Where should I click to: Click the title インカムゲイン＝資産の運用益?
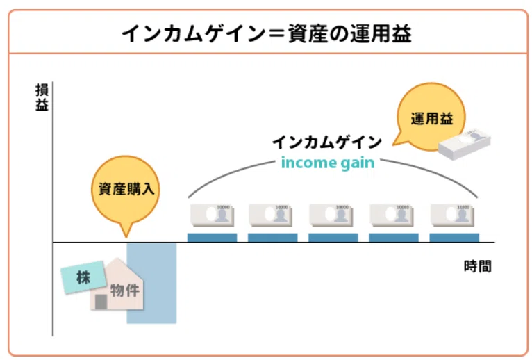pos(267,33)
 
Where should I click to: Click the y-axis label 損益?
pos(42,97)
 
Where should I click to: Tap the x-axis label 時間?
pos(477,266)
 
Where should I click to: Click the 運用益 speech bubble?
pos(430,117)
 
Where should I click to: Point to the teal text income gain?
pos(328,163)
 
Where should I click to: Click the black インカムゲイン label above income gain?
pos(327,142)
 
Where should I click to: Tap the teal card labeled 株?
pos(83,277)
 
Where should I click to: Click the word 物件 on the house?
pos(125,291)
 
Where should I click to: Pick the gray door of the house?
pos(101,302)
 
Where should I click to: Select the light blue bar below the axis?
pos(151,283)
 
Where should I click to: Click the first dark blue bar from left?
pos(212,238)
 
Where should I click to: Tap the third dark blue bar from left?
pos(333,238)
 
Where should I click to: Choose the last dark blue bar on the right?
pos(454,238)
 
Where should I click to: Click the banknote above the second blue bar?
pos(270,215)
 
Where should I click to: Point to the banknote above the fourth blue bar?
pos(392,215)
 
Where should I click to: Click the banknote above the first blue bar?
pos(212,215)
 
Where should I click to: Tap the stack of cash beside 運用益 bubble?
pos(465,144)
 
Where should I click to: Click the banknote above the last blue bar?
pos(452,215)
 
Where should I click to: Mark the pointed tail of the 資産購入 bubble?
pos(126,238)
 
